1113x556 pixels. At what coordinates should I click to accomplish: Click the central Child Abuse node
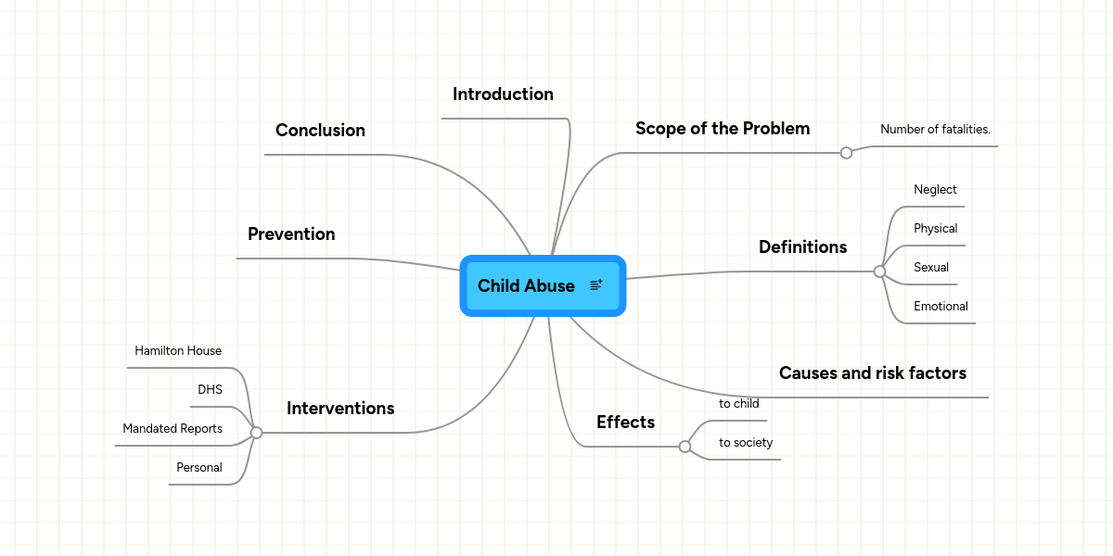(543, 286)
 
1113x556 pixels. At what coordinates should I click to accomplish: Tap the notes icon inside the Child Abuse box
(596, 285)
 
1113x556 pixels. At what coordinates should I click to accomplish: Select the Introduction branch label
(503, 95)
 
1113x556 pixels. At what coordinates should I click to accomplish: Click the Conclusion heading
(321, 130)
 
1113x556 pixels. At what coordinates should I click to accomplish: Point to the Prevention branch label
(291, 234)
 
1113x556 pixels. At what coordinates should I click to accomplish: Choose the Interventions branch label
(340, 408)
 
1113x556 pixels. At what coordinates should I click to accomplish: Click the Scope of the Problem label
(723, 129)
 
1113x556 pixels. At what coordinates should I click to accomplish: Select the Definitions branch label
(803, 246)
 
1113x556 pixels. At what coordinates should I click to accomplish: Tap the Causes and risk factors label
(873, 373)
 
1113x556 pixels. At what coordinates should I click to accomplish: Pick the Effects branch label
(625, 422)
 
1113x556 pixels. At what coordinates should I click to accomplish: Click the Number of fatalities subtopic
(935, 129)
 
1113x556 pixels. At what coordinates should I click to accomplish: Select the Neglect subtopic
(935, 189)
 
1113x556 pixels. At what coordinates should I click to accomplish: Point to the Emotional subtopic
(940, 307)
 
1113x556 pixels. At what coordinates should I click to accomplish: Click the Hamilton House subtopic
(178, 350)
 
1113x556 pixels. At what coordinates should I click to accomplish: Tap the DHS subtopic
(210, 390)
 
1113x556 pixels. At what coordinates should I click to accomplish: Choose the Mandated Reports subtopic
(173, 428)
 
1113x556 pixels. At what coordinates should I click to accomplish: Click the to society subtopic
(746, 442)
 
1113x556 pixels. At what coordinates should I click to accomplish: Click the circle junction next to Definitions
(879, 272)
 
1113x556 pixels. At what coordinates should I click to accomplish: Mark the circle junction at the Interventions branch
(256, 433)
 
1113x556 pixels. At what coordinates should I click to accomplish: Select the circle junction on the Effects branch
(684, 447)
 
